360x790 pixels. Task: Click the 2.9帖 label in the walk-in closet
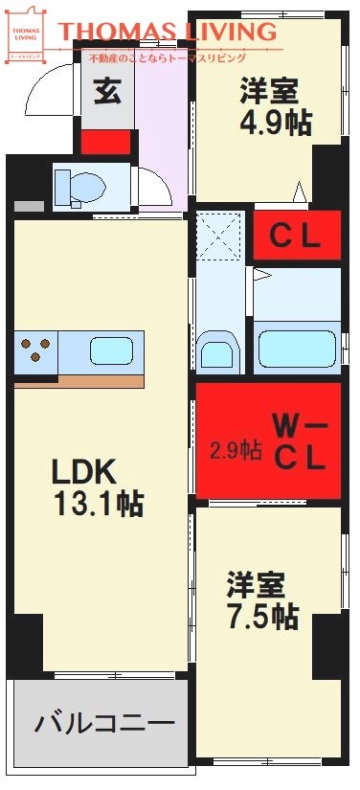[236, 449]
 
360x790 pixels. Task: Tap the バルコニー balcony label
[104, 723]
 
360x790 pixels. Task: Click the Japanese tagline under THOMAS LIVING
[182, 58]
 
